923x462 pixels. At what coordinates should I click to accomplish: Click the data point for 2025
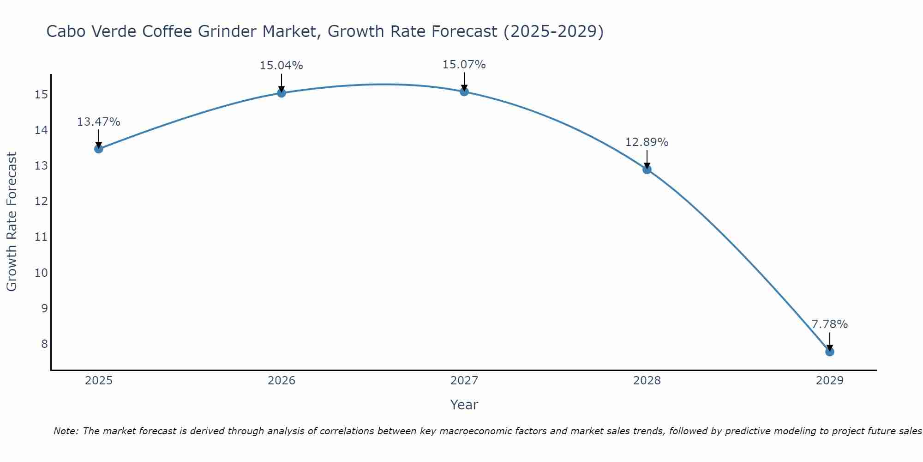[98, 149]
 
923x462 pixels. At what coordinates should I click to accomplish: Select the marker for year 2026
[282, 93]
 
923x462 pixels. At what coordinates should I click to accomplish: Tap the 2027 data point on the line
[464, 91]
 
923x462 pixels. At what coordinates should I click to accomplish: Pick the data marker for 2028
[647, 170]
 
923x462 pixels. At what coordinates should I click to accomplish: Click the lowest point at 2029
[829, 352]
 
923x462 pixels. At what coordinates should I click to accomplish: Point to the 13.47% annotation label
[98, 122]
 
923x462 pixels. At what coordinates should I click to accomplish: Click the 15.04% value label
[281, 66]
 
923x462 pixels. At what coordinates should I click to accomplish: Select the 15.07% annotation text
[464, 65]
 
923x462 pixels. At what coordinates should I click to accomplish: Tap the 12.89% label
[647, 142]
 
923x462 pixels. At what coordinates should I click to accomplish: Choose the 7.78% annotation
[829, 324]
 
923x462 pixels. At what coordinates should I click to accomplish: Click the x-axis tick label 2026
[282, 381]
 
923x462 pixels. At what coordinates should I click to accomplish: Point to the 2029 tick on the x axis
[829, 381]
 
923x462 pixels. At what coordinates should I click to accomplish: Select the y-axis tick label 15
[41, 95]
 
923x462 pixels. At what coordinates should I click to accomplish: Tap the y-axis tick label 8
[44, 344]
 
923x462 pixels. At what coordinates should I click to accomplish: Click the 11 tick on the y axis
[41, 237]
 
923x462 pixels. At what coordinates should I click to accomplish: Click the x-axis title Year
[464, 405]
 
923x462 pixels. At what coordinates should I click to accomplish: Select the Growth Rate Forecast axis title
[12, 222]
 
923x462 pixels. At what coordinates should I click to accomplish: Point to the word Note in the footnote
[66, 431]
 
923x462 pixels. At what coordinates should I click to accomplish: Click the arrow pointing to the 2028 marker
[647, 159]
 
